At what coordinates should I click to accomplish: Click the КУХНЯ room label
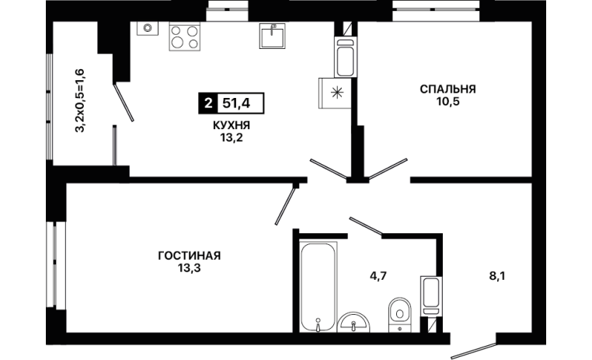tap(232, 125)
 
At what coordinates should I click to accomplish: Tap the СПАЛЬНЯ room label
tap(447, 89)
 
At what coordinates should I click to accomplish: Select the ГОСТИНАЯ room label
tap(189, 256)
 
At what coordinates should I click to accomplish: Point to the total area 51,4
tap(236, 103)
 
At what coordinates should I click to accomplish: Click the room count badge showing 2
tap(208, 103)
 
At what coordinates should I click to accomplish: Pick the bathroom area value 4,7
tap(378, 276)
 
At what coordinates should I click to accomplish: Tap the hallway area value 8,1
tap(497, 276)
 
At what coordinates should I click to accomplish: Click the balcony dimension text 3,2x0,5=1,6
tap(80, 100)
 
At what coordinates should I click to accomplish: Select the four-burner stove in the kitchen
tap(185, 37)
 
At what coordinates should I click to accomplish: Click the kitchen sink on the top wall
tap(272, 36)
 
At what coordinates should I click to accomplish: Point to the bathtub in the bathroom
tap(319, 287)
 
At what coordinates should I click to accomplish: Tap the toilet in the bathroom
tap(400, 314)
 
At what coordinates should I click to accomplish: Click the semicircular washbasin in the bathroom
tap(353, 323)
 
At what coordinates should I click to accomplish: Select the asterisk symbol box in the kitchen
tap(336, 93)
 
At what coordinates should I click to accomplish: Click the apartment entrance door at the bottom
tap(473, 350)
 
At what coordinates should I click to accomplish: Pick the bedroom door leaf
tap(388, 168)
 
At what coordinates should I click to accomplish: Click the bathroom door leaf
tap(366, 225)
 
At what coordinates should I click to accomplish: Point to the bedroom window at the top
tap(436, 11)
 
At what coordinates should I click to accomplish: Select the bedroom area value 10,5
tap(448, 102)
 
